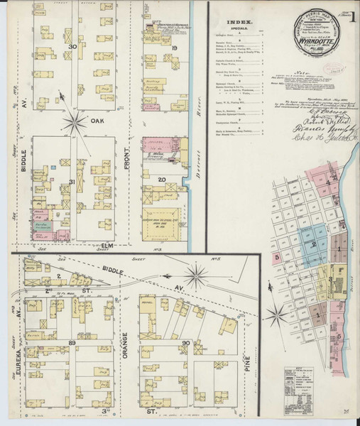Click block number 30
click(72, 47)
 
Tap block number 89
click(72, 343)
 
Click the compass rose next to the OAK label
click(73, 121)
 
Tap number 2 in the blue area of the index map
click(314, 244)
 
